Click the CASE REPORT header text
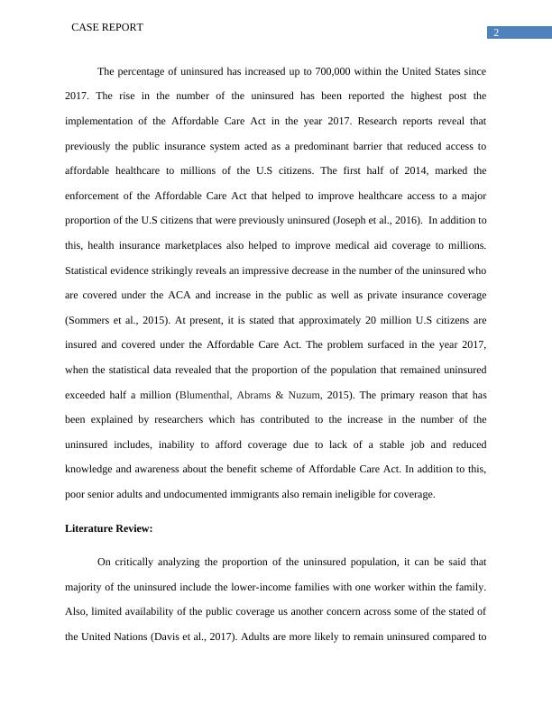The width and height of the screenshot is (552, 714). pos(106,28)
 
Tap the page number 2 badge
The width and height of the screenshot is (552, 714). pos(495,33)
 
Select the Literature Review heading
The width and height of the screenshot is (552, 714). pos(109,529)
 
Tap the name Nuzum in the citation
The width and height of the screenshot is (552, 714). pos(298,395)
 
